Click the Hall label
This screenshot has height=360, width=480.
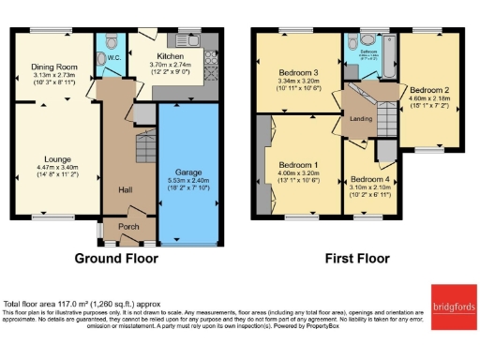[124, 190]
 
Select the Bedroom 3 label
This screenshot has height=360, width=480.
[298, 72]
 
